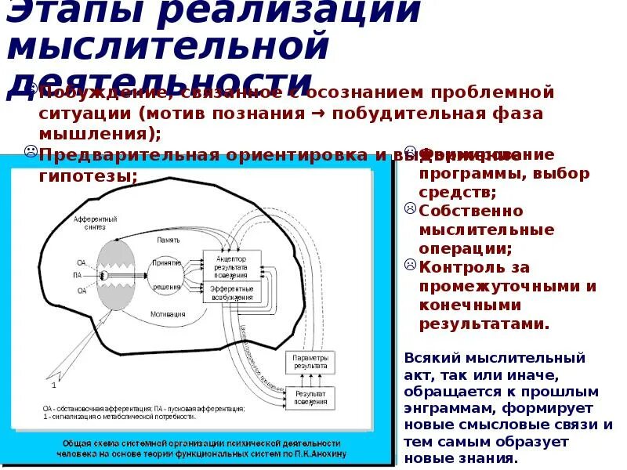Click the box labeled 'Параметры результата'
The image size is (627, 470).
coord(310,362)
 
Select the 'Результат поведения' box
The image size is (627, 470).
coord(310,396)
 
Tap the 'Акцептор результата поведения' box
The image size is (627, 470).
coord(230,264)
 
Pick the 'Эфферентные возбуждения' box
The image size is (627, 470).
coord(230,293)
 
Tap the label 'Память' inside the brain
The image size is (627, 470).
coord(169,240)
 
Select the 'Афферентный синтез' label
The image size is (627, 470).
coord(95,222)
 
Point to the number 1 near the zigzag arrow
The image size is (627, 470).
coord(53,385)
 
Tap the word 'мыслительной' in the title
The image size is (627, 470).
coord(166,46)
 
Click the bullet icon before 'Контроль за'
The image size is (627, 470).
coord(410,266)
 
